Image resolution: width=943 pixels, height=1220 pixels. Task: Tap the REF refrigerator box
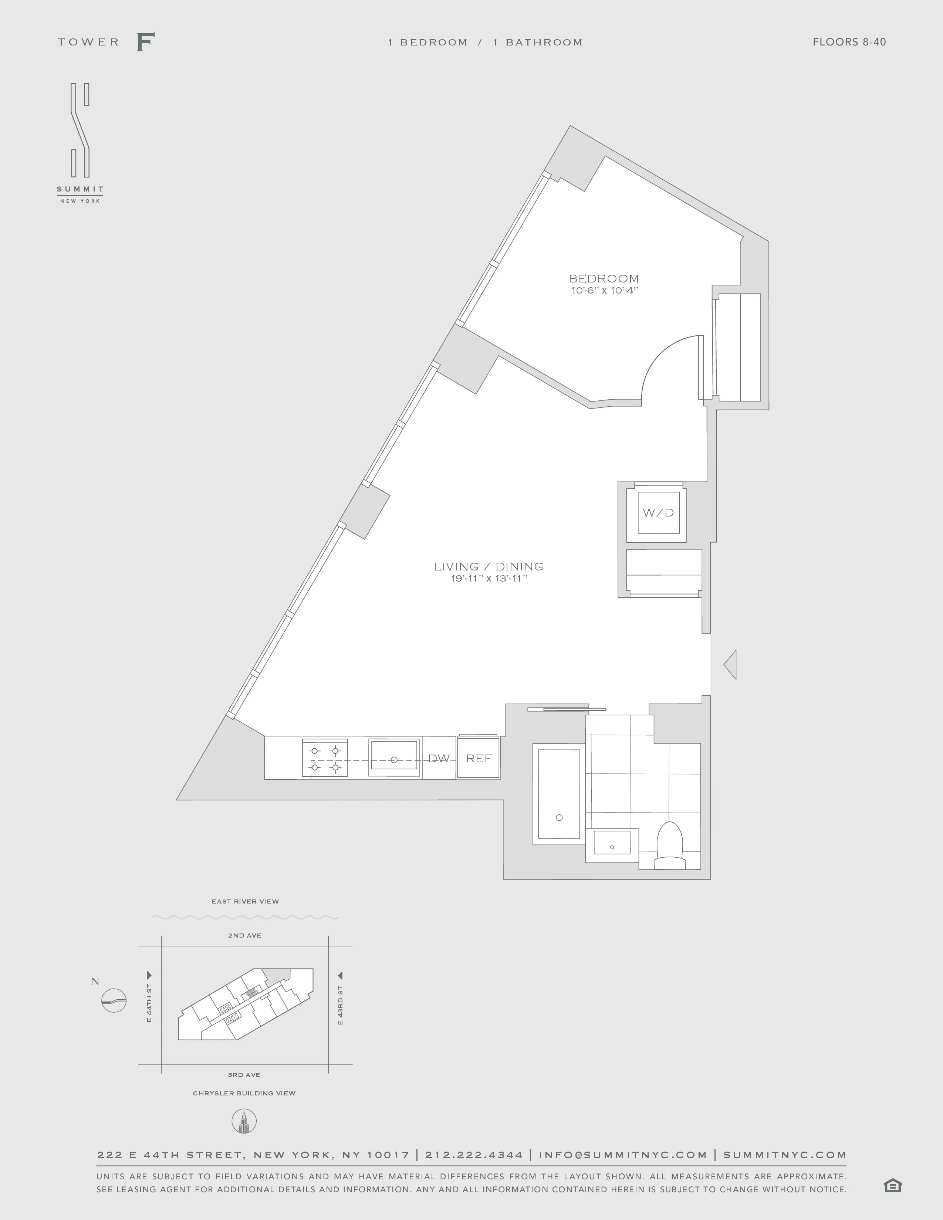[479, 758]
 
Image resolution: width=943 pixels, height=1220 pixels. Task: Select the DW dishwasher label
[439, 758]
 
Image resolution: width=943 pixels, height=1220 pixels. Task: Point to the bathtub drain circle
[559, 818]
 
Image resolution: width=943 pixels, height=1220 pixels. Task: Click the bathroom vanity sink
[612, 843]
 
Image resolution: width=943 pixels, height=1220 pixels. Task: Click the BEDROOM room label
[604, 278]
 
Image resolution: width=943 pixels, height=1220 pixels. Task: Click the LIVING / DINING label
[488, 566]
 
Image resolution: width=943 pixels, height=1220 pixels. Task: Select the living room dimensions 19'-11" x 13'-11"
[489, 579]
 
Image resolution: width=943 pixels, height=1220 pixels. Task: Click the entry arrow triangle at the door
[731, 665]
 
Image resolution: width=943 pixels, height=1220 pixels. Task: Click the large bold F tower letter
[145, 42]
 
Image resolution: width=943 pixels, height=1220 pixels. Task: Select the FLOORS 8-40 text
[849, 42]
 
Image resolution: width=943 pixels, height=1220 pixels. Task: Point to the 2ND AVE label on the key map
[245, 935]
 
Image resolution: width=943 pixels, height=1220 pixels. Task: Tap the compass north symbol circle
[114, 1000]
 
